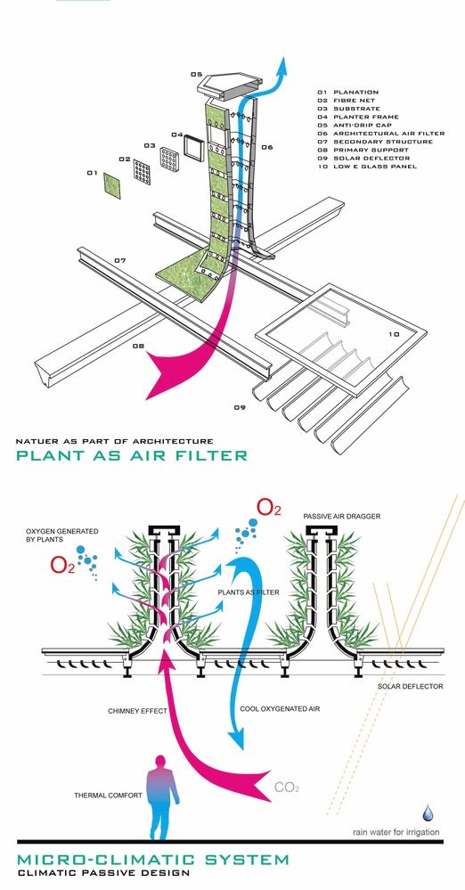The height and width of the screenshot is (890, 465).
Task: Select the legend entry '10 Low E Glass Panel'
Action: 367,167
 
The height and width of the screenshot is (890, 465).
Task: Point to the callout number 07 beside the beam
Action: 119,261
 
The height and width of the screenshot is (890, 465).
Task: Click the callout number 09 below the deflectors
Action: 240,407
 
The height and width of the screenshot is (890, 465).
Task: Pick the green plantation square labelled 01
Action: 112,185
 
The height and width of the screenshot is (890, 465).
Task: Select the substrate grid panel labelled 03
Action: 168,159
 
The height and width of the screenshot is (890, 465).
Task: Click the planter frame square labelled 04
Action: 192,149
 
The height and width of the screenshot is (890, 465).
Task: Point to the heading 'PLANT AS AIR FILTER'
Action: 131,455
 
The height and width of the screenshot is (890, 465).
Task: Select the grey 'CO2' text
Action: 287,788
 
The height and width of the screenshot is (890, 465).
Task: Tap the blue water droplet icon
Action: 428,813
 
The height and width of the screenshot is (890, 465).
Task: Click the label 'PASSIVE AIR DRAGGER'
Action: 342,517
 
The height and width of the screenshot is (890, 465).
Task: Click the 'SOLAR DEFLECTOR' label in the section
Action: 411,686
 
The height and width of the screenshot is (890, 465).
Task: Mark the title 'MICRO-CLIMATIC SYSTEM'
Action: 152,860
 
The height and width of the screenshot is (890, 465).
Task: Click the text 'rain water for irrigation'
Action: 396,832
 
